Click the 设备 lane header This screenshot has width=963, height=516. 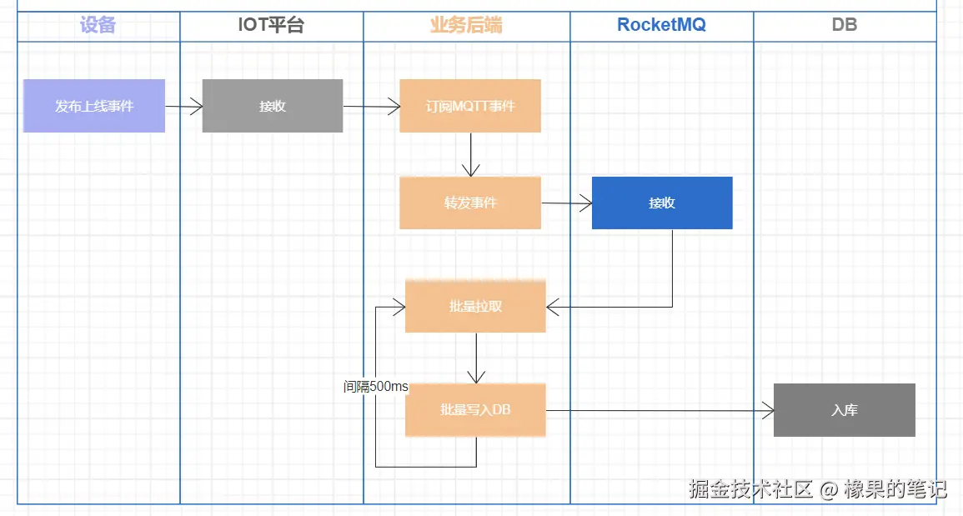click(x=98, y=25)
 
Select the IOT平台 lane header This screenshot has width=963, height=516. click(x=272, y=25)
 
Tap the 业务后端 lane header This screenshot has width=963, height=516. click(x=466, y=25)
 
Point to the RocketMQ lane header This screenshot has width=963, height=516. click(x=661, y=25)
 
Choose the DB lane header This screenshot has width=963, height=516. click(x=844, y=25)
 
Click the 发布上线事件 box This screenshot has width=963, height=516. click(x=94, y=106)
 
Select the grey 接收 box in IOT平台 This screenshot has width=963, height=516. click(x=273, y=106)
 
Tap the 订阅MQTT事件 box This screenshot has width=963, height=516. click(x=470, y=106)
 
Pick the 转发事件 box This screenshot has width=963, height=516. click(x=470, y=203)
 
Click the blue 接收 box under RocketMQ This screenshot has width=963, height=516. click(x=662, y=203)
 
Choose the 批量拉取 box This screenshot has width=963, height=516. click(x=475, y=306)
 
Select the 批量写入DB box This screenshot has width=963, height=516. click(x=475, y=410)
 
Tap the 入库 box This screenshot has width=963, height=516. click(x=844, y=410)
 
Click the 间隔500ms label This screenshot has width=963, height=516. click(x=376, y=387)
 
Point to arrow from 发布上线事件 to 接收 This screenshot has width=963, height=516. click(x=184, y=107)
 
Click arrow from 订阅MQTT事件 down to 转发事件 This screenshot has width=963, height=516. click(x=471, y=154)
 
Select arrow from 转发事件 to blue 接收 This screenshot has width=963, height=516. click(x=567, y=203)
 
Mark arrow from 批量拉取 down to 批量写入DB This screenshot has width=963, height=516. click(x=476, y=358)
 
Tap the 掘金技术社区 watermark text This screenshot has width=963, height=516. click(x=750, y=488)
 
